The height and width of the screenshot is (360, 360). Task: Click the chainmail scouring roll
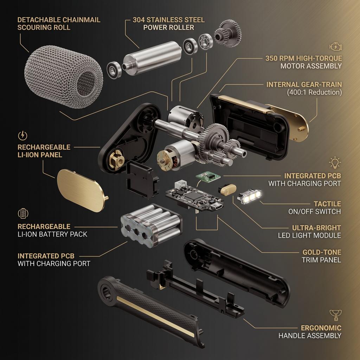(64, 76)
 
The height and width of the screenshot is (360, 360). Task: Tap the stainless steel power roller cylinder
(152, 58)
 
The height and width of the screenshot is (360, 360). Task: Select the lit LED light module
(250, 196)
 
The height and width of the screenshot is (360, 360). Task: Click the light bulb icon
(335, 163)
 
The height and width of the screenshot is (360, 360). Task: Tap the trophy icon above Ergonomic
(336, 315)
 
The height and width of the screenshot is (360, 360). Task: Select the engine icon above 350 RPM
(336, 47)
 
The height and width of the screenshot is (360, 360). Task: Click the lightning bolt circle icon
(22, 135)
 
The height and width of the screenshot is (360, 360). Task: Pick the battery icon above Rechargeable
(23, 213)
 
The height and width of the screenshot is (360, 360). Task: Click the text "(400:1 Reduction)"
(314, 92)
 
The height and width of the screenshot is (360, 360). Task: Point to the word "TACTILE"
(327, 204)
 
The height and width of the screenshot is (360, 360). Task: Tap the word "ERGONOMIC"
(321, 328)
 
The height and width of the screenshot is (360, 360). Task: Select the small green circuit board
(208, 177)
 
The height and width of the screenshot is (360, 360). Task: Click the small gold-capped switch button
(227, 190)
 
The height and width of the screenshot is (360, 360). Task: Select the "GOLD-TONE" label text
(322, 252)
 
